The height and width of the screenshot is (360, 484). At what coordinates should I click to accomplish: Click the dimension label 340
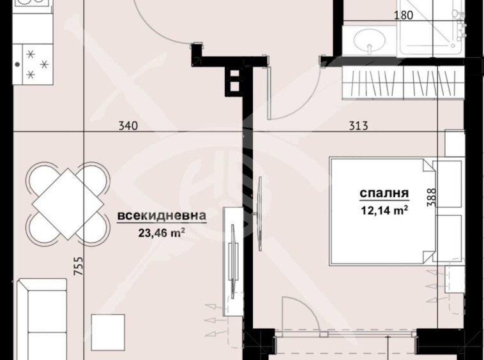pos(128,126)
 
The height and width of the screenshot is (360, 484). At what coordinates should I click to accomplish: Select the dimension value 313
pos(358,126)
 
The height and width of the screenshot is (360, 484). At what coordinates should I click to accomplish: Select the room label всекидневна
pos(161,217)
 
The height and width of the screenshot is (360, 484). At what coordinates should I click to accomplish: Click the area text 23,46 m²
pos(161,232)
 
